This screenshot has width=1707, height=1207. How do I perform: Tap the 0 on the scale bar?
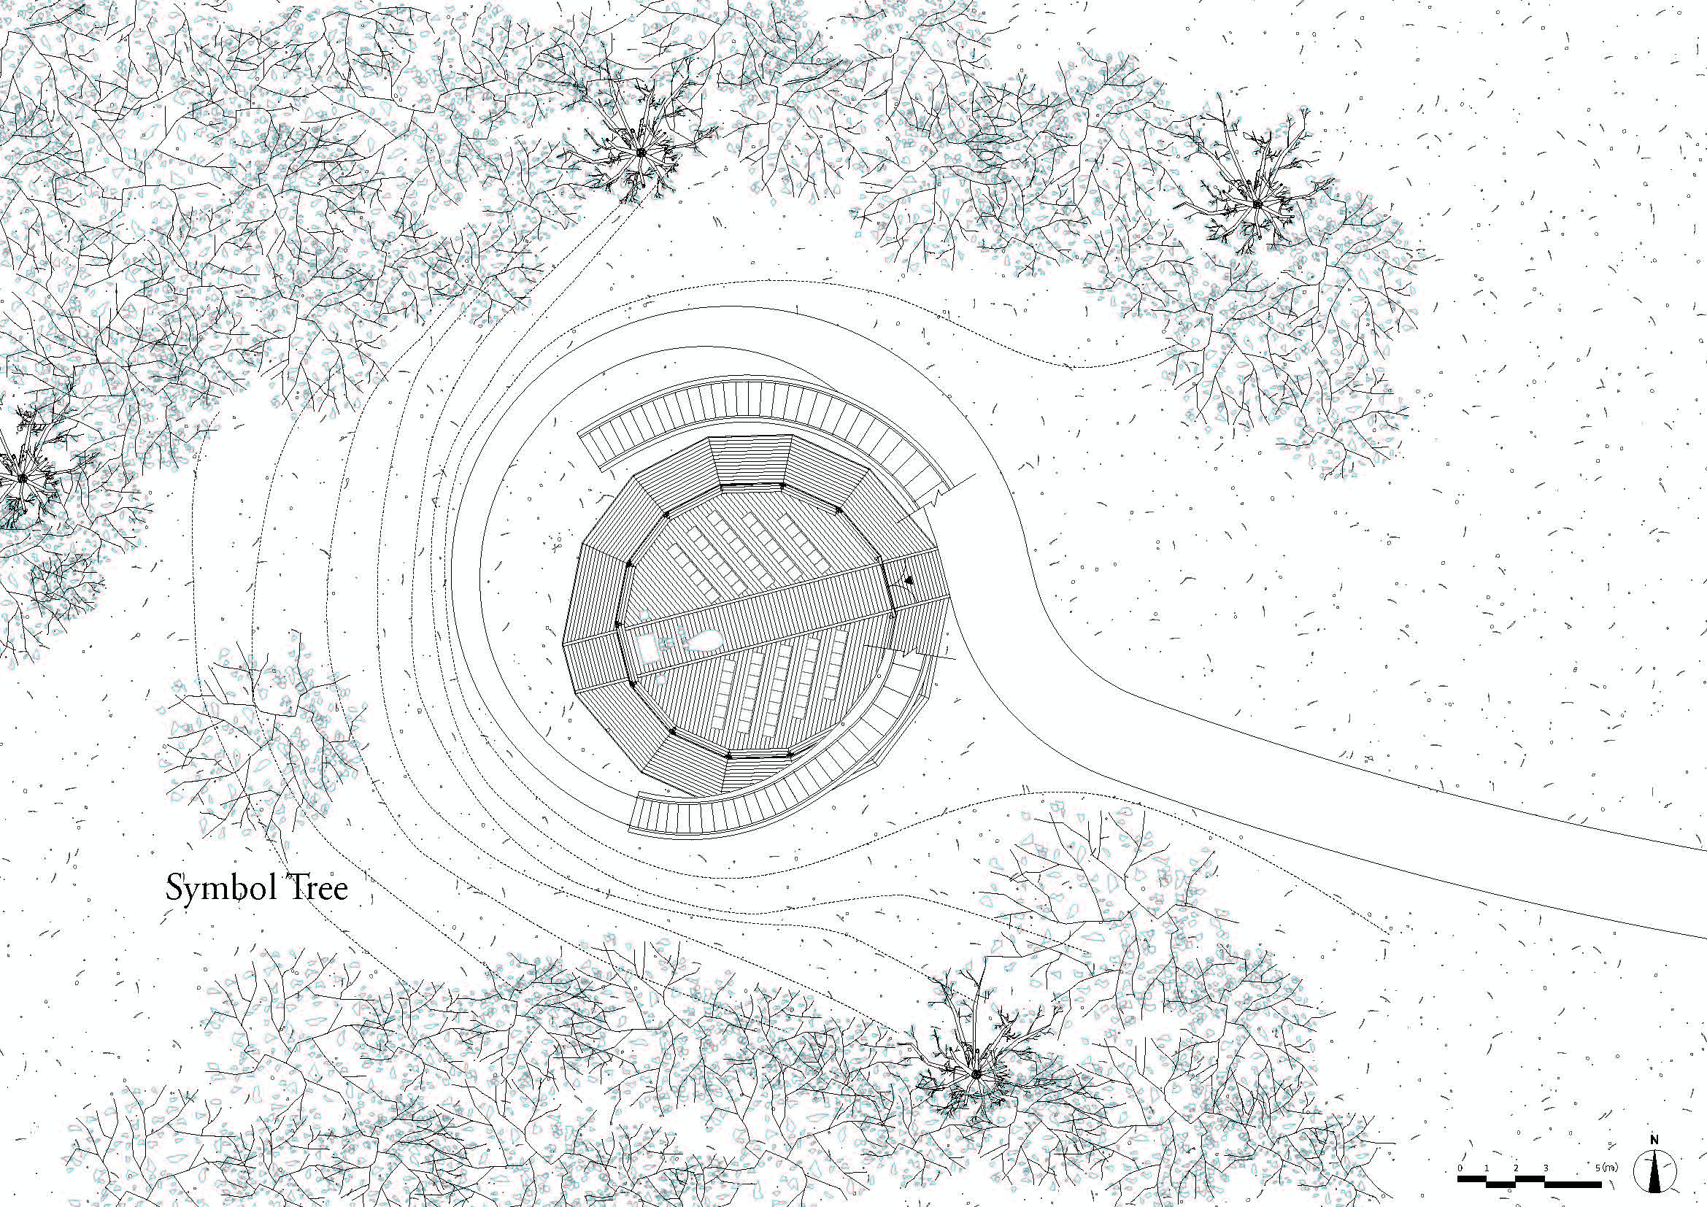[1460, 1169]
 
